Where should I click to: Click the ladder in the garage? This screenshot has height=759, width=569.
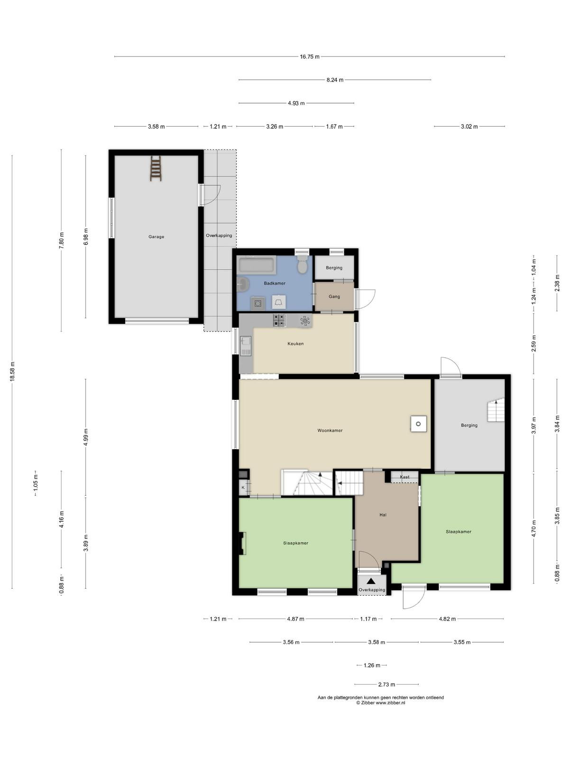tap(156, 168)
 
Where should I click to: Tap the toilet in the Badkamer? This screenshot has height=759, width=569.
tap(303, 264)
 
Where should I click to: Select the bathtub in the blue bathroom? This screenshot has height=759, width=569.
tap(257, 265)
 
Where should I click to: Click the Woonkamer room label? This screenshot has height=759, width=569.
tap(330, 431)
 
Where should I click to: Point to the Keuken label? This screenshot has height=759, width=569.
tap(295, 344)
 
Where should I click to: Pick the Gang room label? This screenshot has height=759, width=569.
tap(334, 296)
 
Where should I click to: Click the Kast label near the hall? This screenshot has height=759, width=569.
tap(404, 477)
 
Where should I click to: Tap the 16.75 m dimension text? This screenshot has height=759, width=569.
tap(310, 57)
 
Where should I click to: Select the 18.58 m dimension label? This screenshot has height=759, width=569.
tap(12, 371)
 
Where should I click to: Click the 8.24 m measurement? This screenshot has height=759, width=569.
tap(335, 80)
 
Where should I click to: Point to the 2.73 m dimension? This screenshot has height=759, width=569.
tap(386, 685)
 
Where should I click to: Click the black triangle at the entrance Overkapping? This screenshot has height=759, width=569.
tap(371, 581)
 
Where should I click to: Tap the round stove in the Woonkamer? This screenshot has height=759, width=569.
tap(418, 424)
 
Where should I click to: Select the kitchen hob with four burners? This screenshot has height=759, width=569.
tap(279, 320)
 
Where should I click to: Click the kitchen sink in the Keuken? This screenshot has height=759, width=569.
tap(246, 346)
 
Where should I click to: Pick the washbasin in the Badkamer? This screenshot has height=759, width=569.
tap(243, 284)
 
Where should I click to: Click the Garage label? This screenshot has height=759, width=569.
tap(156, 237)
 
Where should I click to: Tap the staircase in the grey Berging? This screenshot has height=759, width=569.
tap(496, 410)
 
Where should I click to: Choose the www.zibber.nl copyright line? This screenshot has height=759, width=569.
tap(381, 703)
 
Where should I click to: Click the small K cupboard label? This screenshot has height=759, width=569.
tap(243, 488)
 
